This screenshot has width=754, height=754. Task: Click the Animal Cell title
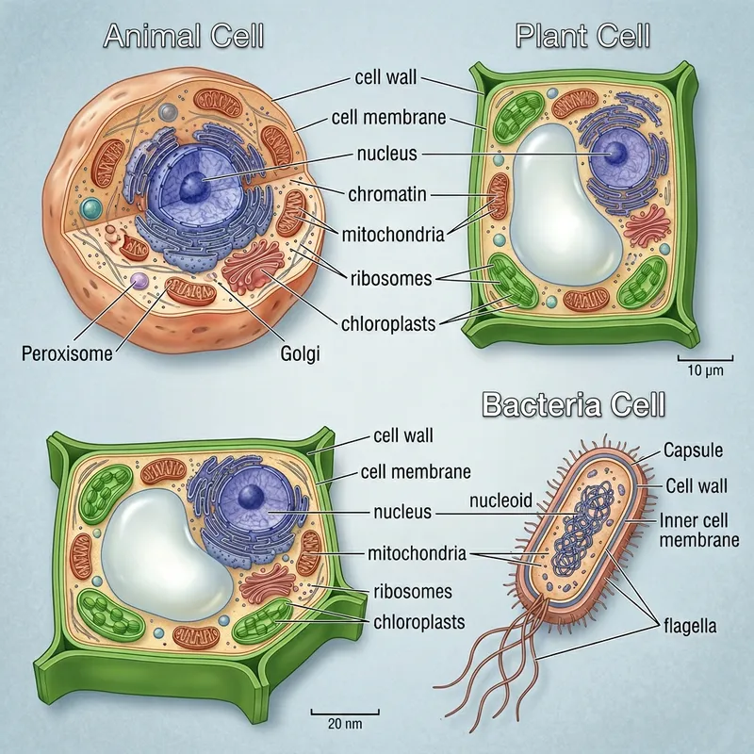click(x=183, y=36)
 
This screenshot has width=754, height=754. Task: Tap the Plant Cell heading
click(x=583, y=36)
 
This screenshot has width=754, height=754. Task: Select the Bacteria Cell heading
click(x=573, y=405)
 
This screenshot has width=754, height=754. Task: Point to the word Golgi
click(x=301, y=354)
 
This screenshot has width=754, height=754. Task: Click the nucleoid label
click(x=501, y=500)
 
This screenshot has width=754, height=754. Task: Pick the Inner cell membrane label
click(x=698, y=530)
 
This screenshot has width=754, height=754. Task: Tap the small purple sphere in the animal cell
click(x=139, y=280)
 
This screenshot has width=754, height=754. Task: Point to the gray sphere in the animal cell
click(x=168, y=112)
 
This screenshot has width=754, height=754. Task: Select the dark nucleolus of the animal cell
click(x=193, y=185)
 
